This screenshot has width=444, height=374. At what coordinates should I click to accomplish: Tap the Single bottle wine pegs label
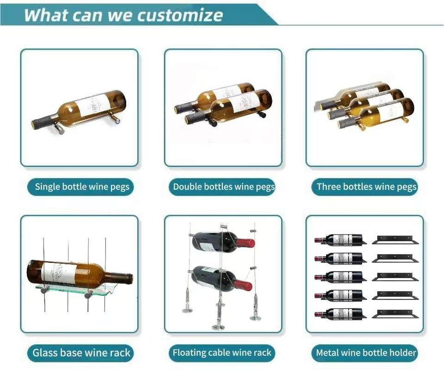82,187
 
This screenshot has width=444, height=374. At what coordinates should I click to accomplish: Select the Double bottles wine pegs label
224,187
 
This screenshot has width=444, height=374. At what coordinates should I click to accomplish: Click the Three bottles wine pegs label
366,187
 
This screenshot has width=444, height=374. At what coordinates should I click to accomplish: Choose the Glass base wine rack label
81,353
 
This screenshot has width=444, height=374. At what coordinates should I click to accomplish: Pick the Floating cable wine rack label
222,353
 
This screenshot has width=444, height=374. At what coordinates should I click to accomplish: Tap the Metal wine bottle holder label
366,353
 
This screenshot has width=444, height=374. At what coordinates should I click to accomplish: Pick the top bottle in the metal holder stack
340,240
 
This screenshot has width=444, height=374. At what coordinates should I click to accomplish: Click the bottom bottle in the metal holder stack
340,313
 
